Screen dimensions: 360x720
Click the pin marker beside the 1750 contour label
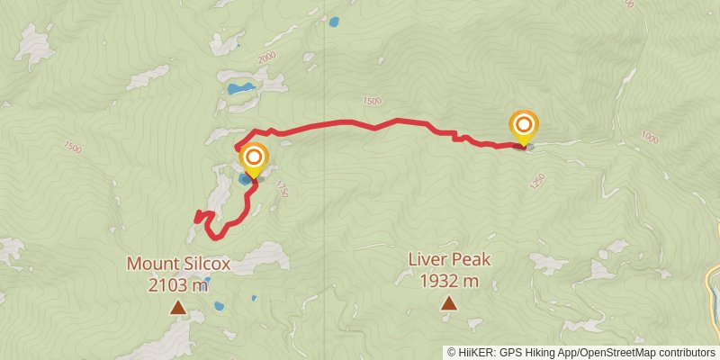(254, 159)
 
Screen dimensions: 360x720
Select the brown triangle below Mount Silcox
(178, 309)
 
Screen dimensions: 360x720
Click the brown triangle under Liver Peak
(448, 303)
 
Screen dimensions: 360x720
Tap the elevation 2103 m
(178, 285)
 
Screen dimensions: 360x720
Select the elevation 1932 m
(448, 281)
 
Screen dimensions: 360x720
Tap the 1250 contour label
(538, 183)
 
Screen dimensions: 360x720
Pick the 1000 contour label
(651, 137)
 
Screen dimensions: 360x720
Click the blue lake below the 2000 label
(240, 88)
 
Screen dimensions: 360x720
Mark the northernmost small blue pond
(334, 21)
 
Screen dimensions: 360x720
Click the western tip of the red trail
(196, 217)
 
